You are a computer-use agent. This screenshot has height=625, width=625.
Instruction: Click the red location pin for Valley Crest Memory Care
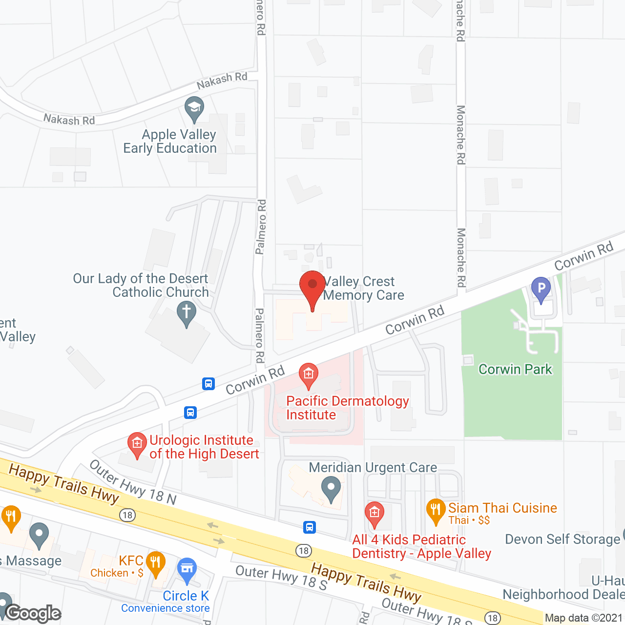pos(312,288)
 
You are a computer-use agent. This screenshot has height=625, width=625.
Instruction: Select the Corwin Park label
pos(515,369)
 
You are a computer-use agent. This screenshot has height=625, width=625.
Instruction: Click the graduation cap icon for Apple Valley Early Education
pos(194,109)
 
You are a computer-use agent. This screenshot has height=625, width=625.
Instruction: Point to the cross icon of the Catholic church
pos(186,312)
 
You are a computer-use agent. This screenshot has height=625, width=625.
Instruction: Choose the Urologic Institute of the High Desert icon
pos(137,444)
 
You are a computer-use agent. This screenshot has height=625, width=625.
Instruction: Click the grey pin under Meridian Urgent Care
pos(332,489)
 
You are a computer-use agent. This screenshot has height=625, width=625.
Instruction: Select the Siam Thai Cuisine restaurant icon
pos(436,510)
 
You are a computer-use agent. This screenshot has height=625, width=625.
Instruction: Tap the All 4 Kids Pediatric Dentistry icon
pos(375,514)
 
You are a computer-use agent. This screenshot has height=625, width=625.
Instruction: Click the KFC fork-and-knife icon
pos(155,562)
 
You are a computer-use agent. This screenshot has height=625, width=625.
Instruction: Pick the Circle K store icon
pos(187,569)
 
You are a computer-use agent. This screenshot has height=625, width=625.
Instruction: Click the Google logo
pos(33,613)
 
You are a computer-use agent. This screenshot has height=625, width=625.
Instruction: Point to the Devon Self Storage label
pos(562,539)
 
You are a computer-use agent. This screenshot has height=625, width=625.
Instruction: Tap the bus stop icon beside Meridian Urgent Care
pos(310,527)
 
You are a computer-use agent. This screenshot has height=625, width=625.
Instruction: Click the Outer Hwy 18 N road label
pos(133,482)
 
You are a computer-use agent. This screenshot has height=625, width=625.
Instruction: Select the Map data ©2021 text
pos(584,618)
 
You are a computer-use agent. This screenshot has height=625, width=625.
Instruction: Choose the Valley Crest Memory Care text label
pos(363,288)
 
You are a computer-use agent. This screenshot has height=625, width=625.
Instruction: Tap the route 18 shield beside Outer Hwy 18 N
pos(127,515)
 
